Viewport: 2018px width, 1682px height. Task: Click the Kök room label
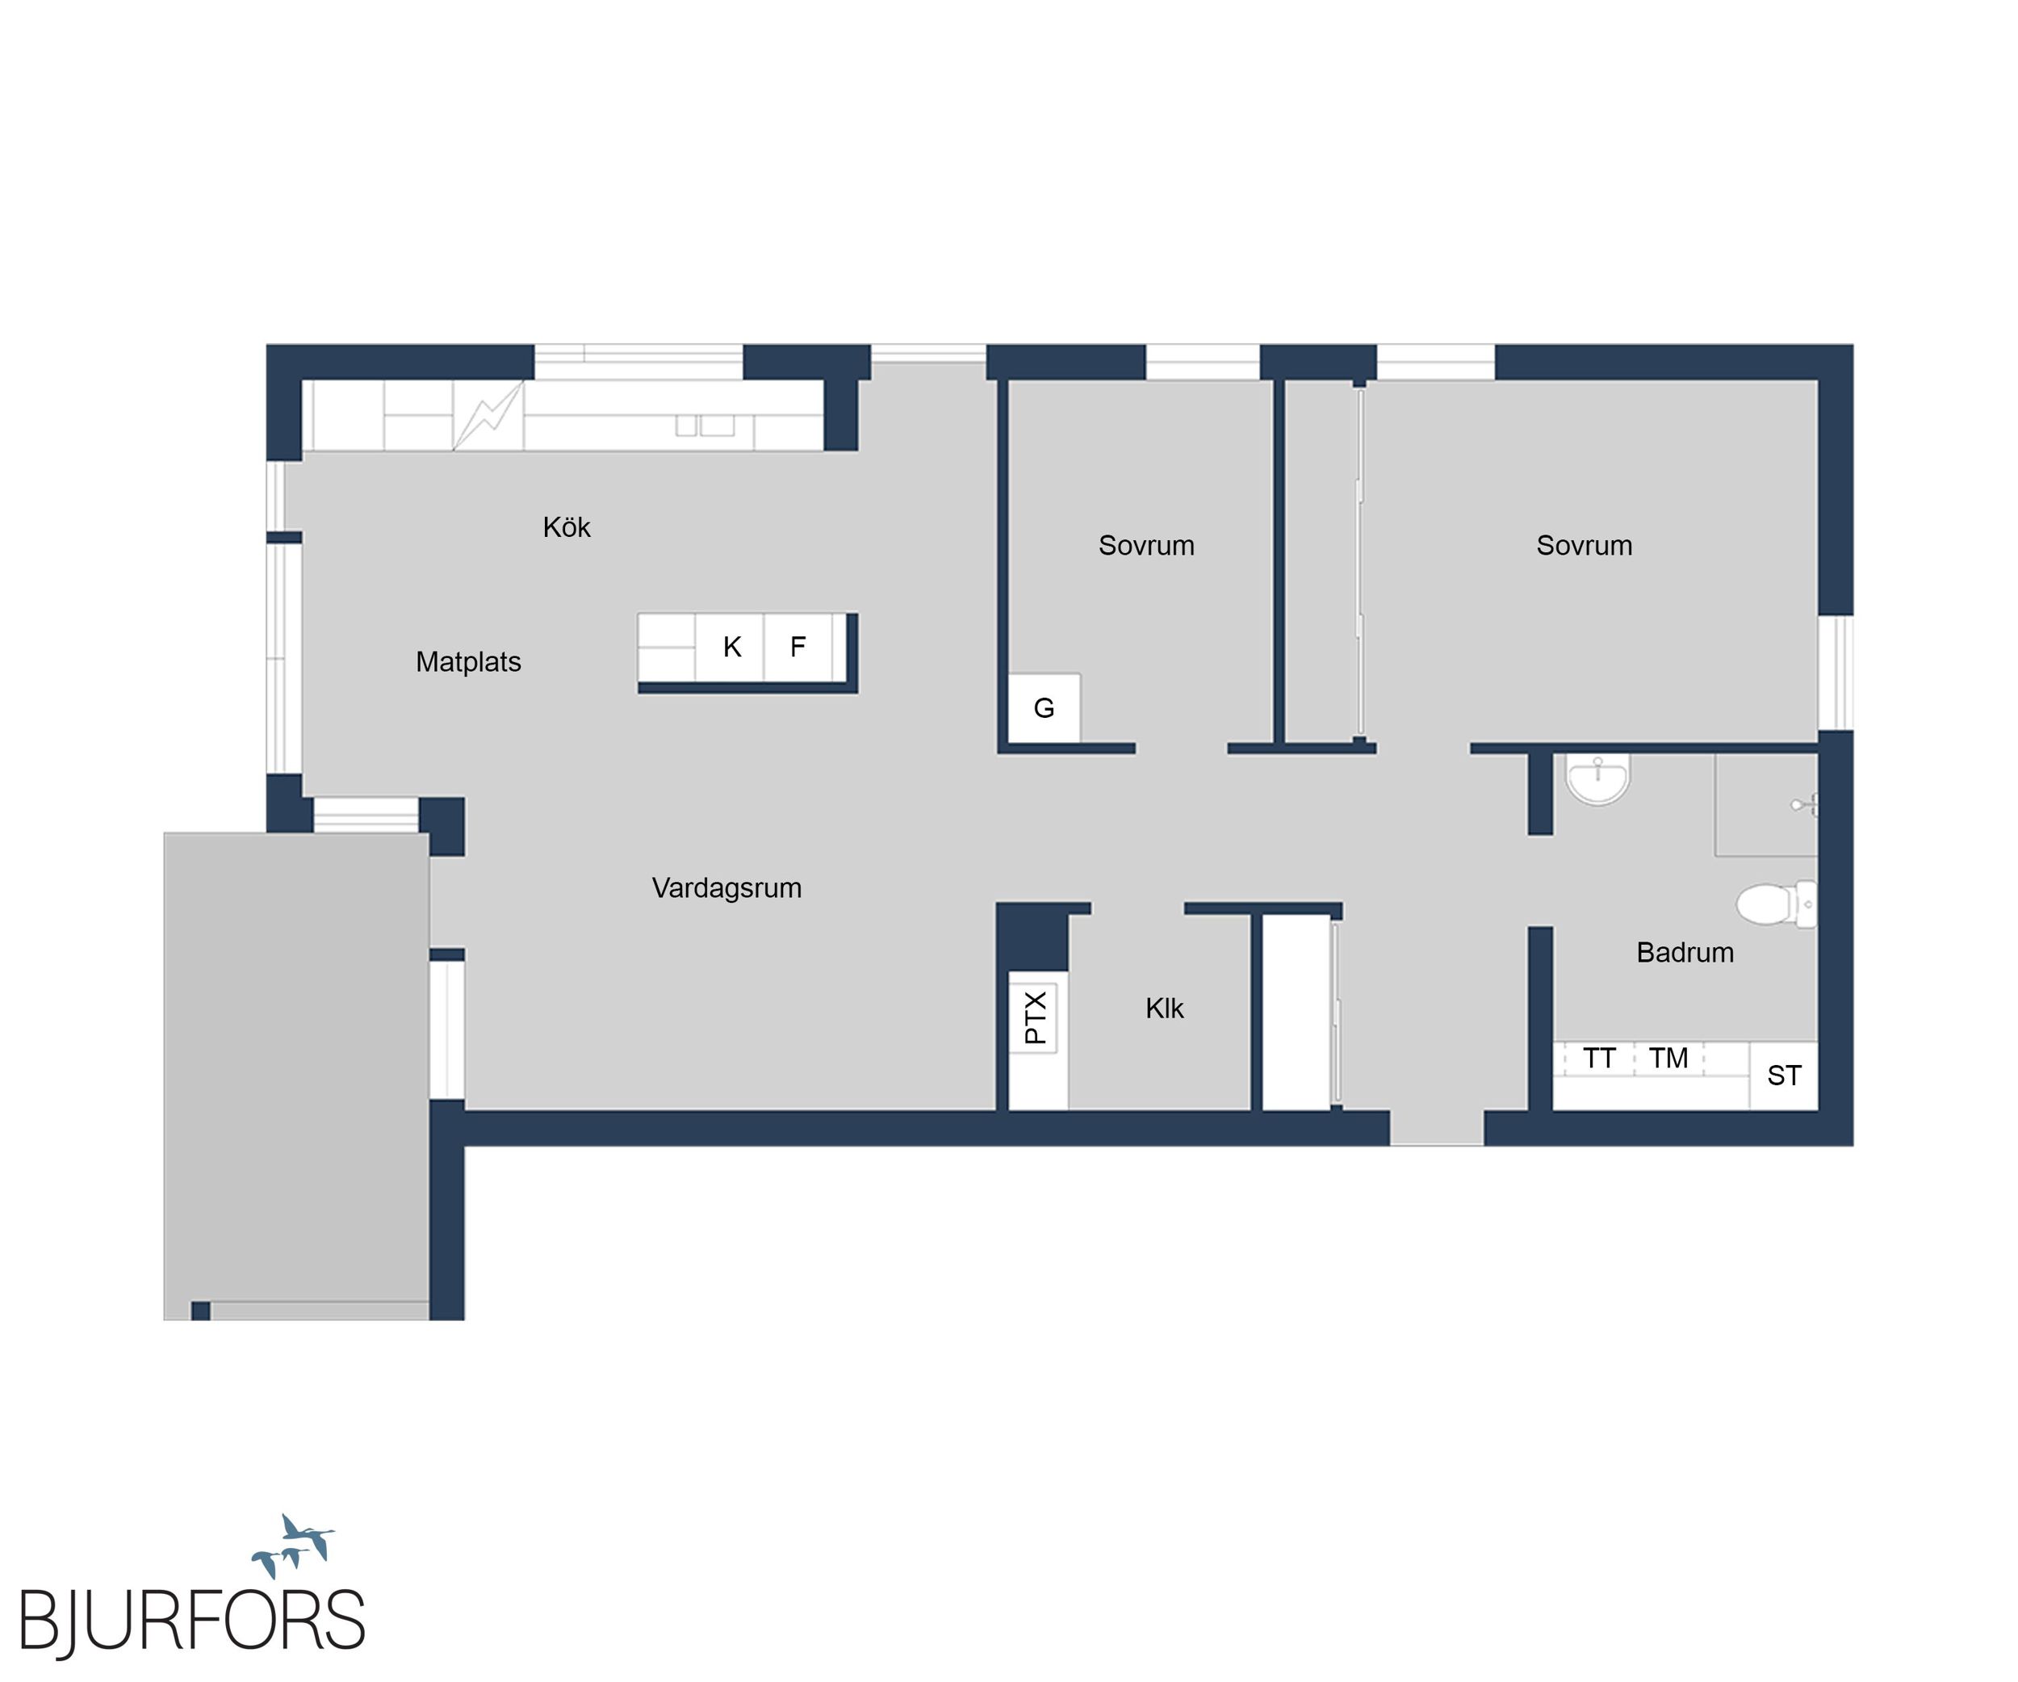(566, 526)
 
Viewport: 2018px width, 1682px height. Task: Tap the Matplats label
(468, 661)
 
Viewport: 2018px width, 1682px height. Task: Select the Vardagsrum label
(726, 887)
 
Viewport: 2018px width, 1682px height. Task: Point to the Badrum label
(1685, 953)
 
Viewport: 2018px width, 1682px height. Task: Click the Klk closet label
(1164, 1009)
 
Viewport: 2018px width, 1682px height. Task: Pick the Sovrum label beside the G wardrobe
(1146, 545)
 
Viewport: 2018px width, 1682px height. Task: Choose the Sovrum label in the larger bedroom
(1584, 545)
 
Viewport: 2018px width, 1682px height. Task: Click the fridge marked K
(731, 647)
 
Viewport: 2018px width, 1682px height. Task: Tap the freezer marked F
(798, 647)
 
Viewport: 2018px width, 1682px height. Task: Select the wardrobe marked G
(1045, 708)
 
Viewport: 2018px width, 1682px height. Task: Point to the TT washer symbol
(1598, 1059)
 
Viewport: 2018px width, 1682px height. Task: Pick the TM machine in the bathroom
(1668, 1059)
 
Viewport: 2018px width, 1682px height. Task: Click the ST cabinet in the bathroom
(1784, 1076)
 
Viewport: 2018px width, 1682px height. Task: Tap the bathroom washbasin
(1597, 778)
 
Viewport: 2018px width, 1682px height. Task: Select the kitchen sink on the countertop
(705, 425)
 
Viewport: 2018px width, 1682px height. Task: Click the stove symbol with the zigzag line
(488, 415)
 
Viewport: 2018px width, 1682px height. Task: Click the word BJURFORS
(192, 1621)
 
